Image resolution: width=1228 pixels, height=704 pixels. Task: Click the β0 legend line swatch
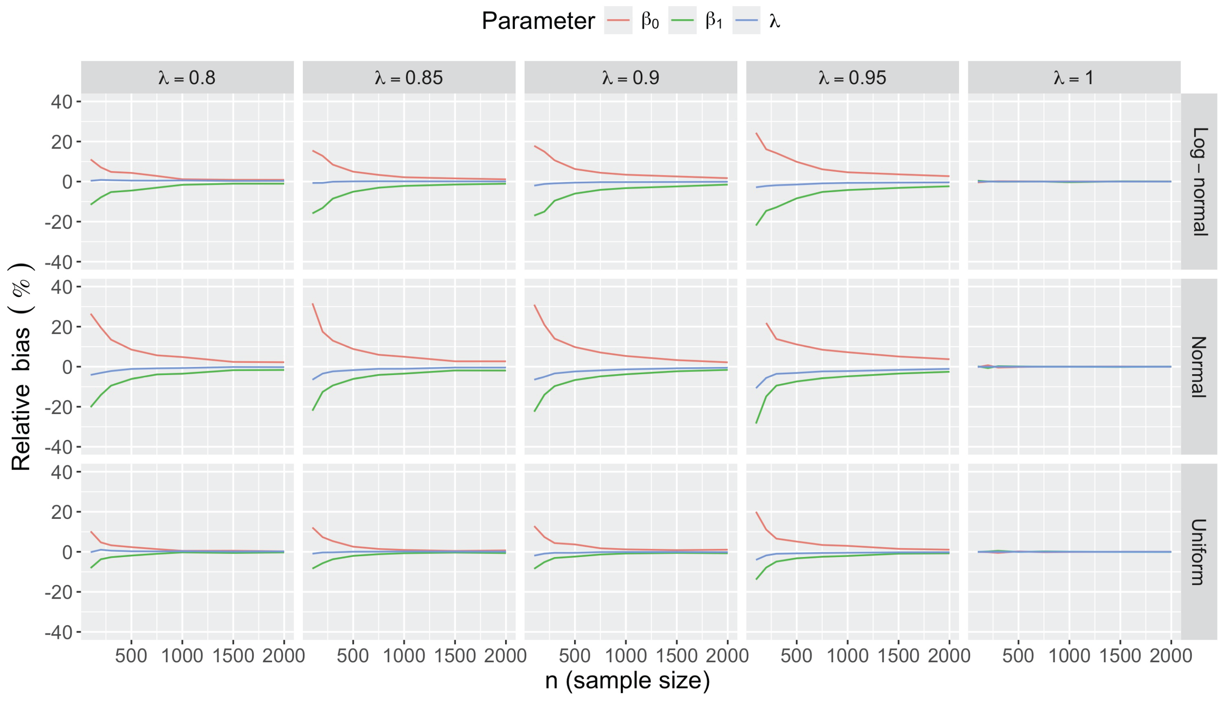tap(618, 20)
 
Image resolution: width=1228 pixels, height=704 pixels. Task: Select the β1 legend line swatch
tap(682, 20)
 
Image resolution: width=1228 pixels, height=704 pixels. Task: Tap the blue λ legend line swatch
tap(746, 20)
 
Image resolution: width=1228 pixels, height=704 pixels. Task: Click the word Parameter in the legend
tap(538, 21)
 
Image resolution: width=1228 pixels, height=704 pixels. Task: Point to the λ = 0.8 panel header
tap(187, 77)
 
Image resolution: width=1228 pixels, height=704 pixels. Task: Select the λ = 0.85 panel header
tap(409, 77)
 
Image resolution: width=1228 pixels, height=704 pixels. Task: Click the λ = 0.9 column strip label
tap(631, 77)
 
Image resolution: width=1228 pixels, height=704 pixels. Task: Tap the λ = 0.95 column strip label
tap(852, 77)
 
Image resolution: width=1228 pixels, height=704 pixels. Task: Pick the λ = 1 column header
tap(1074, 77)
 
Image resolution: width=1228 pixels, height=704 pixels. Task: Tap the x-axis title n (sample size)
tap(627, 681)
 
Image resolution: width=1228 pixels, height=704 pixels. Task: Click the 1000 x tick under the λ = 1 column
tap(1069, 656)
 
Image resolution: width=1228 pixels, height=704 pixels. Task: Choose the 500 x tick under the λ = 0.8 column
tap(131, 656)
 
